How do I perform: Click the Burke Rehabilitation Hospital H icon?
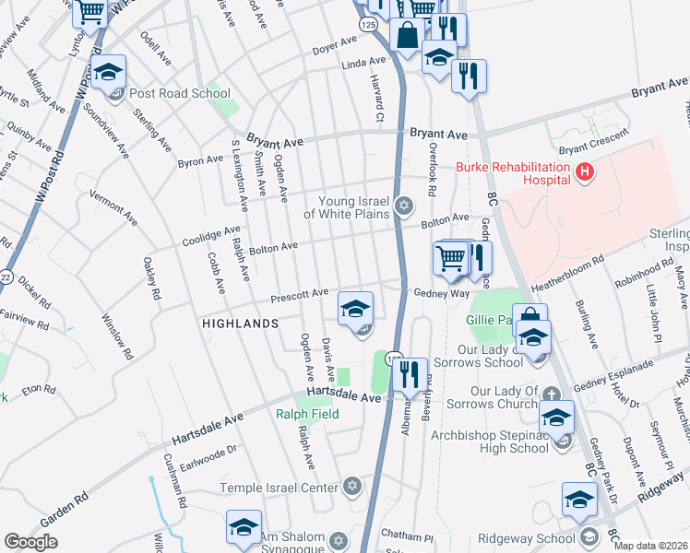tap(583, 171)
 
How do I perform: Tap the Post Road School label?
tap(180, 93)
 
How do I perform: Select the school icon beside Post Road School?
tap(108, 72)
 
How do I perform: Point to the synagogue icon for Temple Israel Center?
tap(351, 486)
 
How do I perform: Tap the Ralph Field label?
tap(307, 415)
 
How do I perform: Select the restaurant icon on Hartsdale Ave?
tap(409, 373)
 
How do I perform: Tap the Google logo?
tap(30, 542)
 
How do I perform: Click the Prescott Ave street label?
tap(299, 294)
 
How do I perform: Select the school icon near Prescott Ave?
tap(355, 308)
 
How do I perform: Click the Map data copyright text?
tap(651, 546)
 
